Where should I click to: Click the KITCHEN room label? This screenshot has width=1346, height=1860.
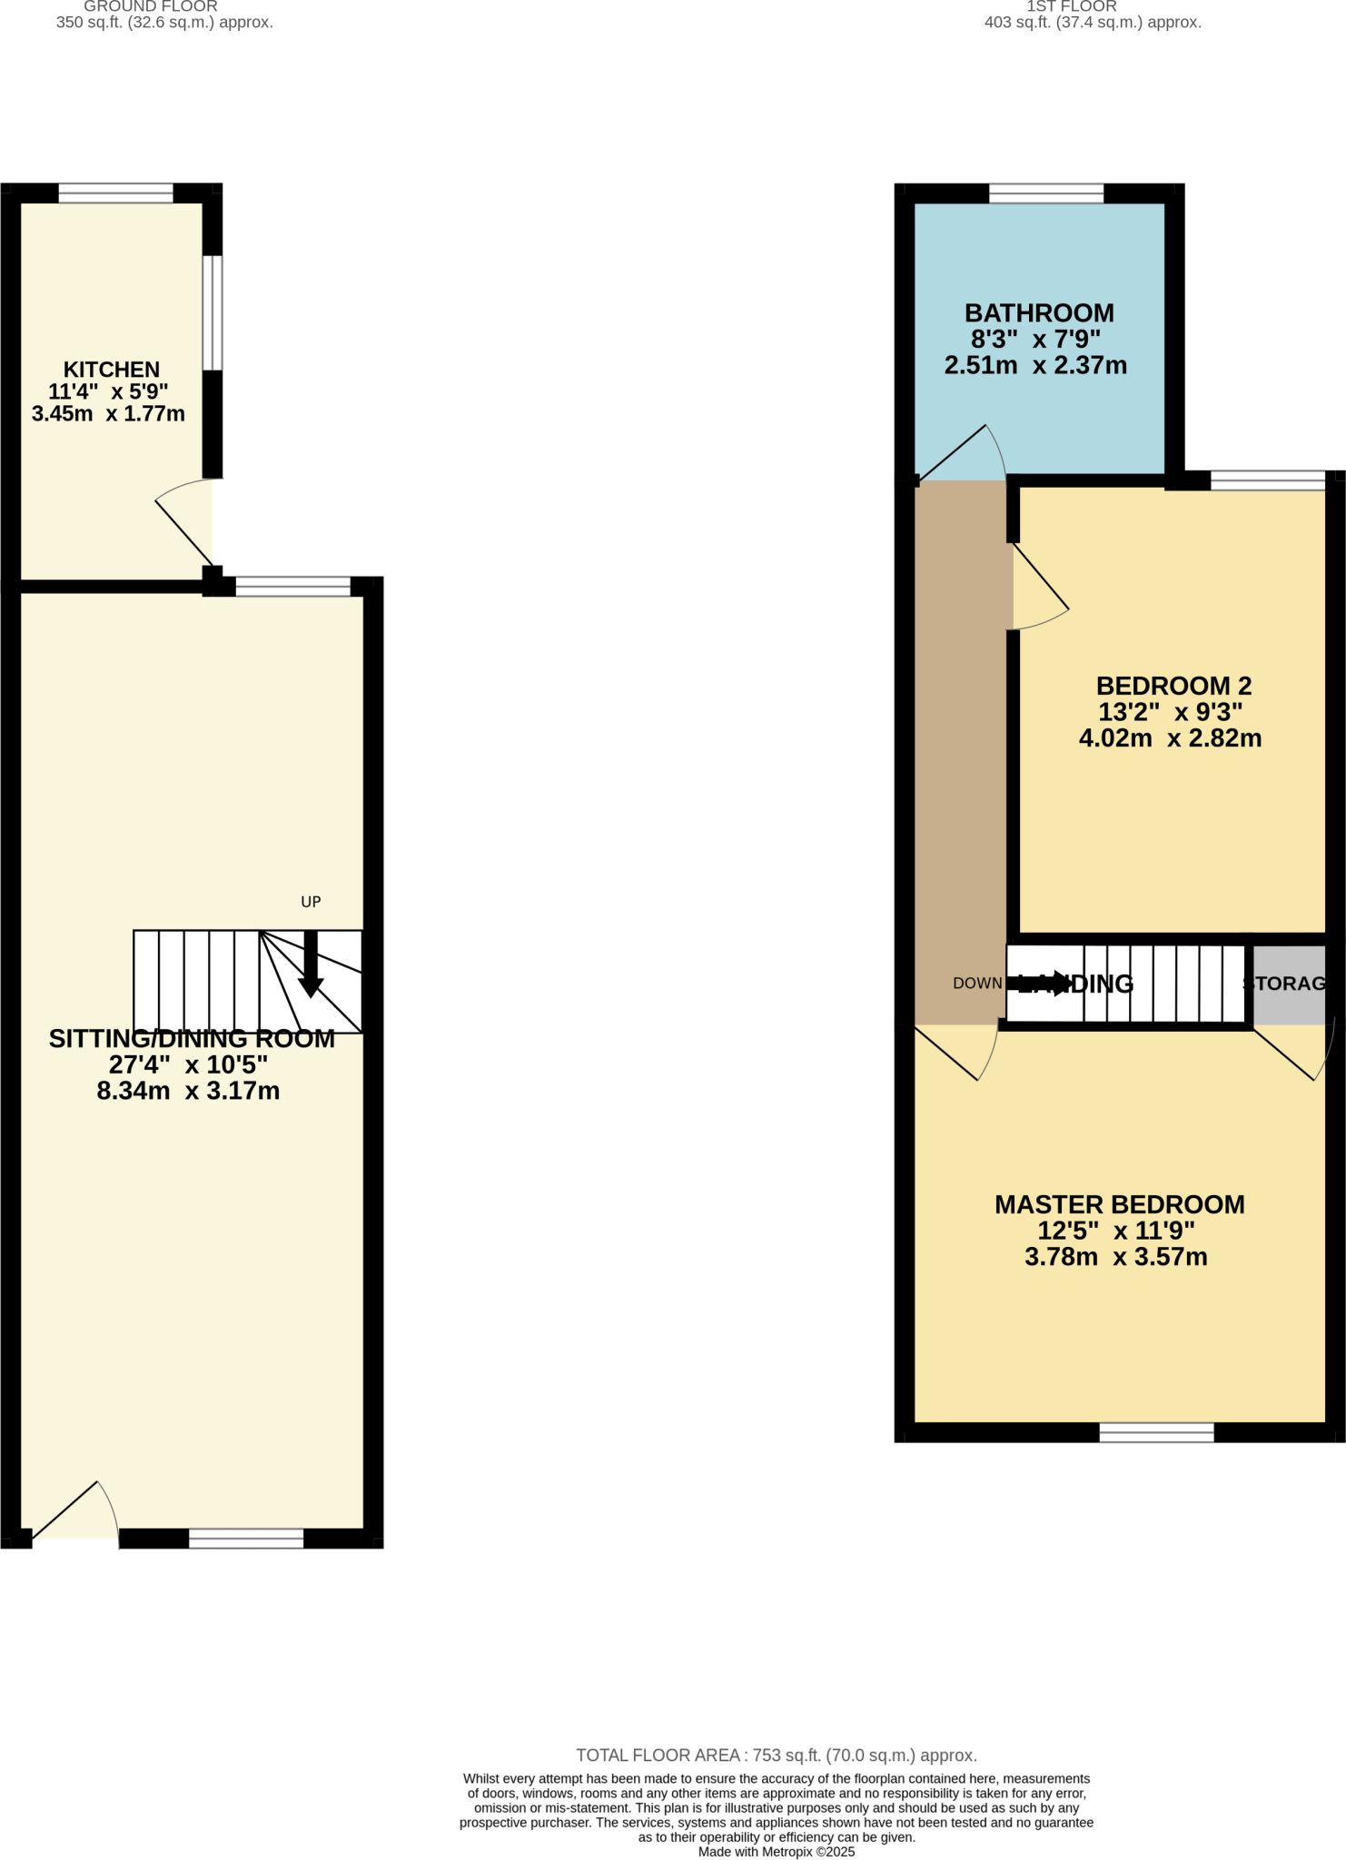coord(111,369)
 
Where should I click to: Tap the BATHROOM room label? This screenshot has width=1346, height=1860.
coord(1038,313)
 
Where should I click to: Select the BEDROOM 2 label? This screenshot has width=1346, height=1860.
coord(1173,686)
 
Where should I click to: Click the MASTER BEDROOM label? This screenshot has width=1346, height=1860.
coord(1119,1204)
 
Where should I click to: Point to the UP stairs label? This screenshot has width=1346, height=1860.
coord(311,902)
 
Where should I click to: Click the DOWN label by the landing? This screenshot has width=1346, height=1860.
coord(976,984)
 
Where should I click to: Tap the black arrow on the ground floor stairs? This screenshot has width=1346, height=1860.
coord(311,968)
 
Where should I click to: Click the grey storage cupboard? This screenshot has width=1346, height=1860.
coord(1289,984)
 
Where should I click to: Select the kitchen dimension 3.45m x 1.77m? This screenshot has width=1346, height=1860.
coord(108,414)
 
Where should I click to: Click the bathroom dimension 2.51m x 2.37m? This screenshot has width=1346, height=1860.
coord(1035,366)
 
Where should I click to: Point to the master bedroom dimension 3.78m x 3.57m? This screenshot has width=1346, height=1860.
coord(1115,1257)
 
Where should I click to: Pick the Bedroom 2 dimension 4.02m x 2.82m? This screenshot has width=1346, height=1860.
coord(1170,738)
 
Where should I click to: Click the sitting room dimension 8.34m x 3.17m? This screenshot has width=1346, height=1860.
coord(188,1091)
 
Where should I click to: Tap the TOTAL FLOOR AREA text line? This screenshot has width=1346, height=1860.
coord(776,1756)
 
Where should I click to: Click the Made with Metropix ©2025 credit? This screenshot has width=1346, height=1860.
coord(776,1852)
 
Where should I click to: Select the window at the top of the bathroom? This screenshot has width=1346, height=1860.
coord(1045,193)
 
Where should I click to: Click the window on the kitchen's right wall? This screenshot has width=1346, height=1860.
coord(212,312)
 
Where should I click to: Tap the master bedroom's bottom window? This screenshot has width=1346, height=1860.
coord(1156,1432)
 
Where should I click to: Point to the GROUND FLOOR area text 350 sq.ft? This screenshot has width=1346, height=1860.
coord(164,23)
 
